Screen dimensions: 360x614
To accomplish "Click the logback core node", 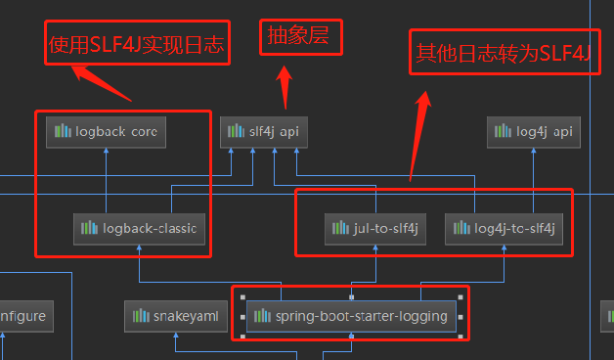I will click(106, 131).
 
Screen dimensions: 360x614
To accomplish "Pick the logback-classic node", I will click(138, 229).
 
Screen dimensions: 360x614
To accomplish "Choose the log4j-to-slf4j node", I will click(504, 229).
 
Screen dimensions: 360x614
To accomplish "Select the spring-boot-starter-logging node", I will click(351, 316).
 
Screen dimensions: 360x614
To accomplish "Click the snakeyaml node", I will click(176, 316).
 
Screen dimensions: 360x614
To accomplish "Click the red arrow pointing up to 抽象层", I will click(285, 88).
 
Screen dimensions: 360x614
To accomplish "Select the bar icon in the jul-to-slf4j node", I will click(338, 229).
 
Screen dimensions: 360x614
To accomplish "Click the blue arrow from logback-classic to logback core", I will click(106, 181).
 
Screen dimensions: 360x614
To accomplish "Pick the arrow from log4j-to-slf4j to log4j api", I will click(533, 181).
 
